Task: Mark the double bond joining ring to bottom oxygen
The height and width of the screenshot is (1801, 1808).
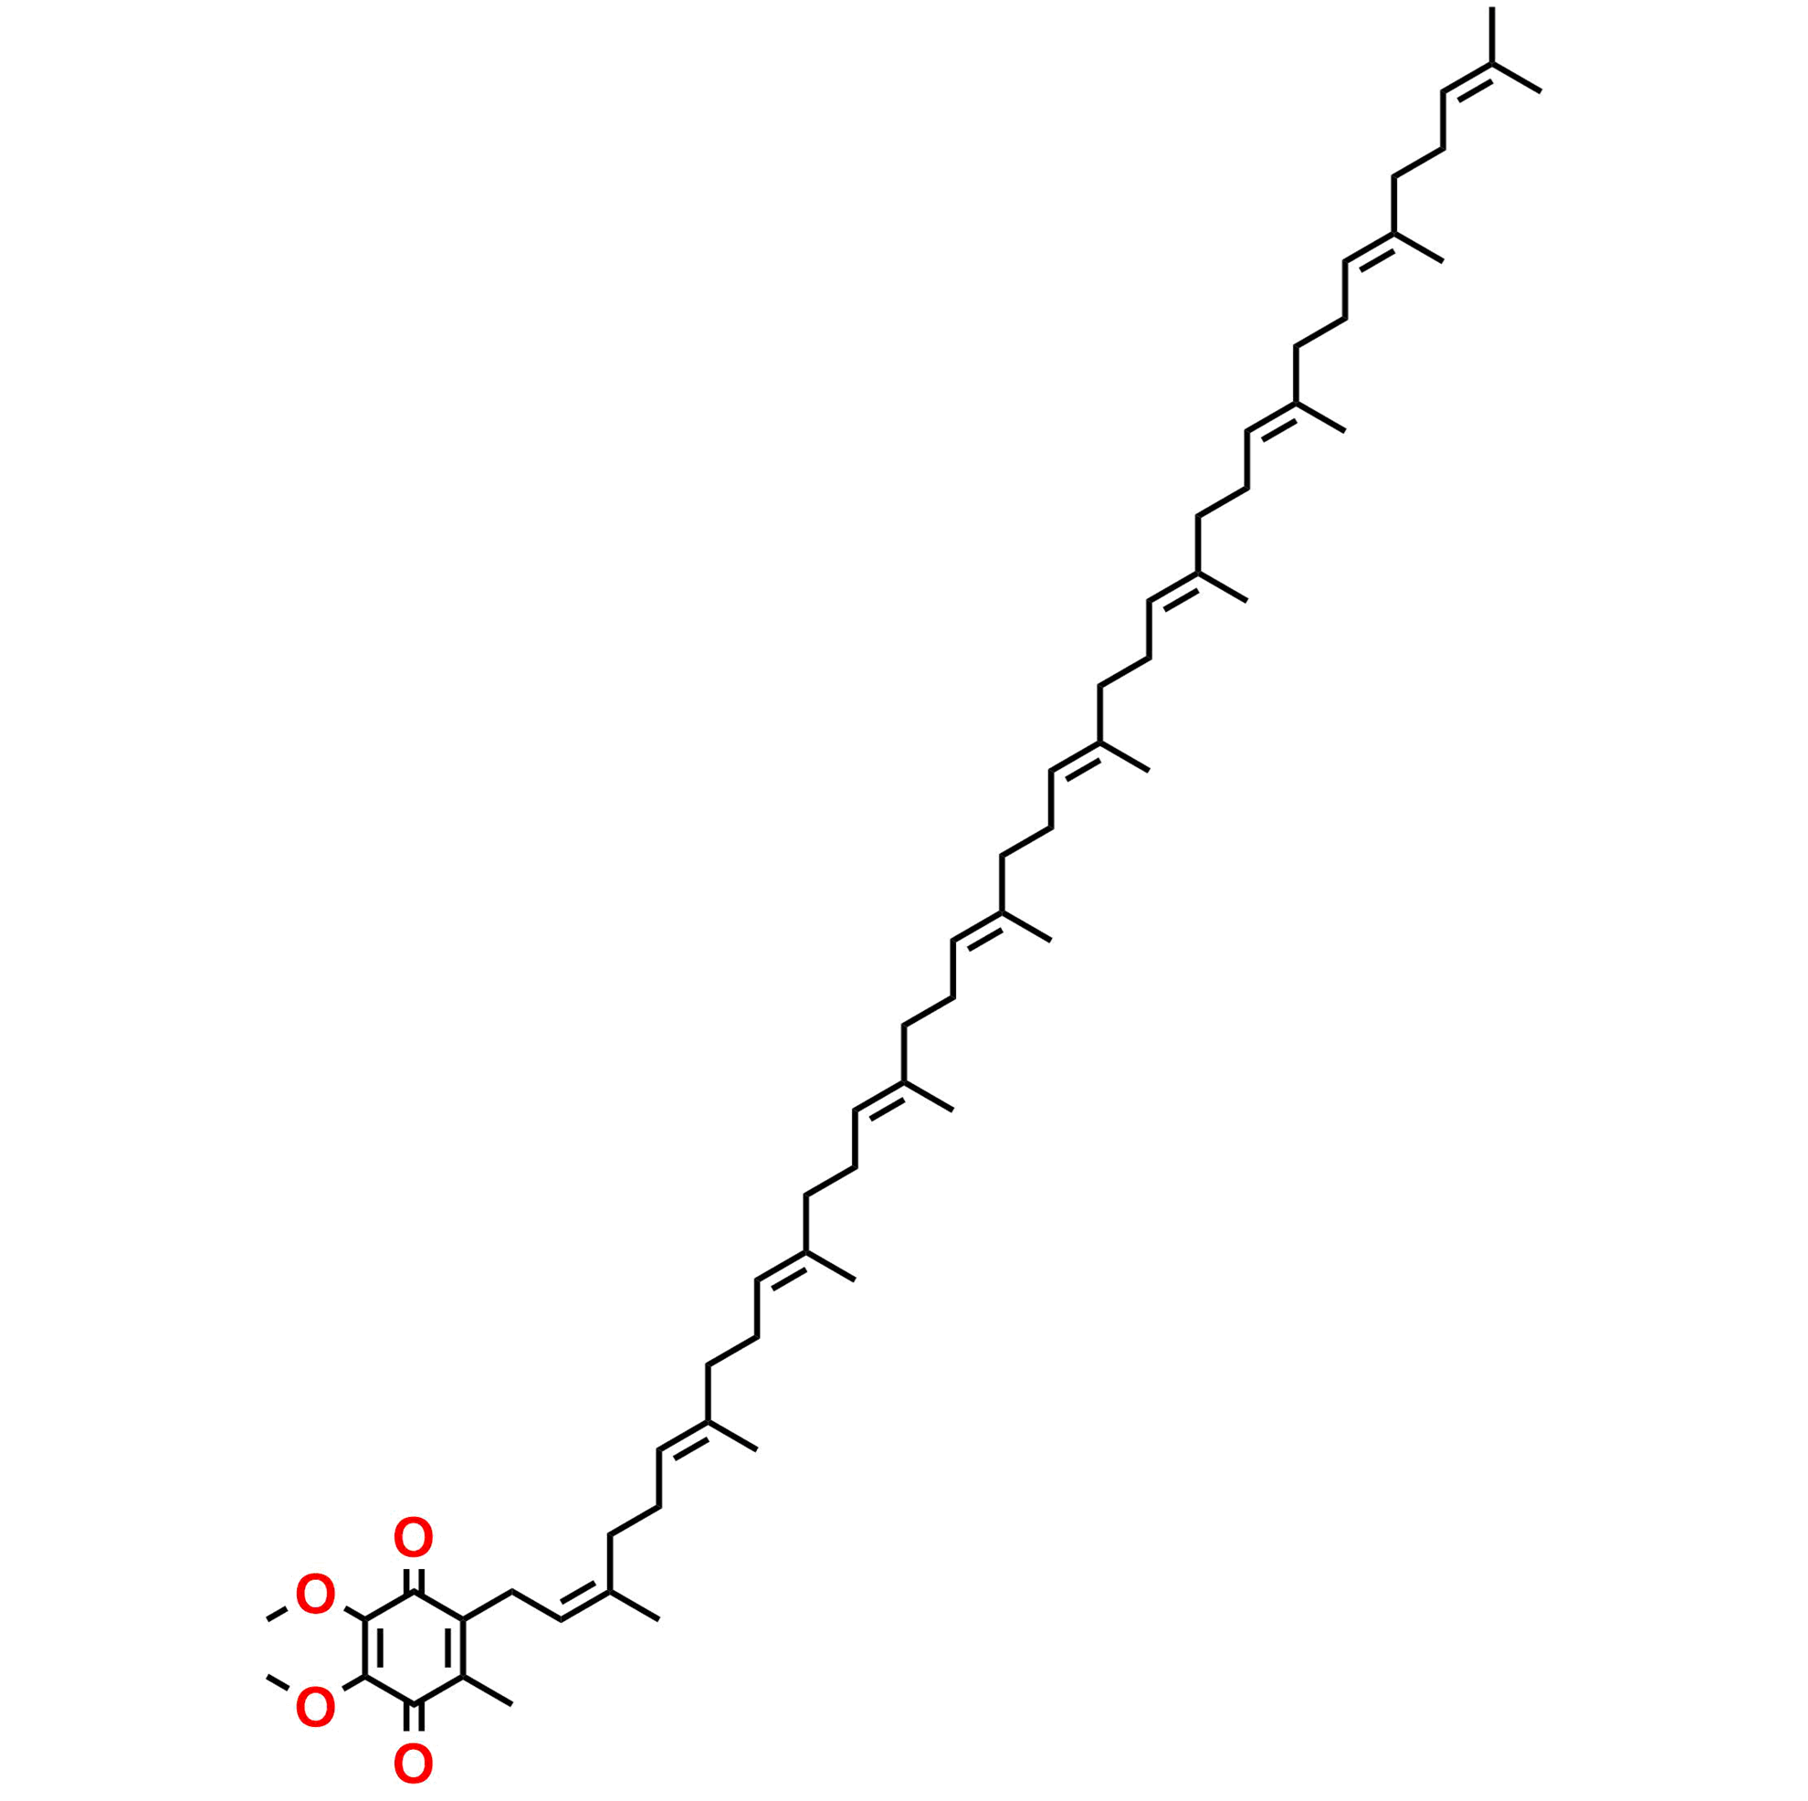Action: click(x=413, y=1722)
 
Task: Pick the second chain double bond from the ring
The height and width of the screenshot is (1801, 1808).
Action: click(x=684, y=1437)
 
